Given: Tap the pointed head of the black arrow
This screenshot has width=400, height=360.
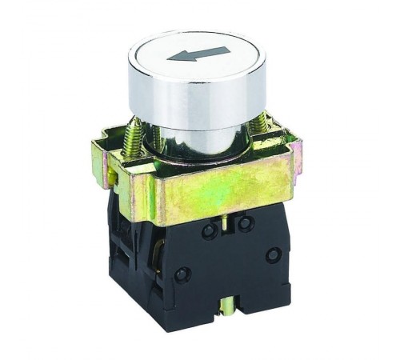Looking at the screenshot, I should point(170,58).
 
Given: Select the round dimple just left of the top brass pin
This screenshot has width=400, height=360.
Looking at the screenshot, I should point(210,231).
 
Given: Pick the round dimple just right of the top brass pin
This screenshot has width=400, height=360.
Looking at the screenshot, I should point(244,225).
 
